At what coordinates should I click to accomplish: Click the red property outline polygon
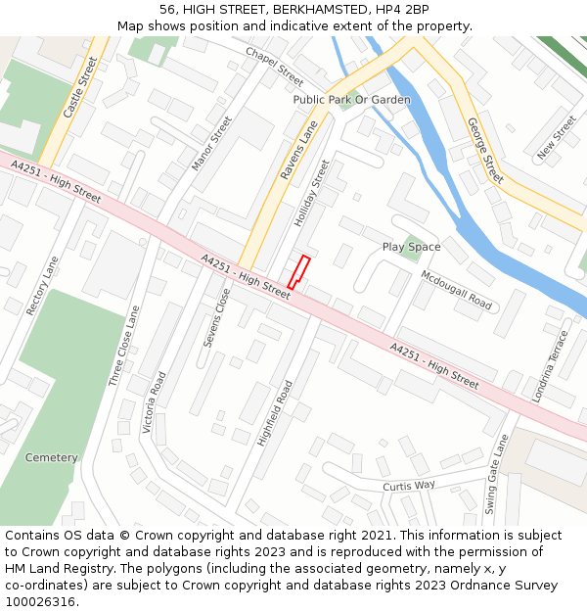click(x=298, y=271)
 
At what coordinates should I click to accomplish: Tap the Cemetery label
click(x=51, y=458)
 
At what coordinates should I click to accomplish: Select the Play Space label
click(x=411, y=248)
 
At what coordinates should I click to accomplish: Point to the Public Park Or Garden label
click(x=351, y=100)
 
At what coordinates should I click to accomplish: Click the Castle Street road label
click(x=80, y=88)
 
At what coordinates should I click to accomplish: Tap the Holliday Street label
click(x=313, y=194)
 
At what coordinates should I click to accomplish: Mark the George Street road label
click(x=485, y=151)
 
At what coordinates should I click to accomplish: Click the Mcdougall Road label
click(x=456, y=290)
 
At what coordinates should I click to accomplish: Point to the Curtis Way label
click(x=408, y=486)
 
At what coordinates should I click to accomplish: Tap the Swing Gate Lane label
click(x=497, y=474)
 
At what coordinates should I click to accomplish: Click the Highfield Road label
click(x=275, y=413)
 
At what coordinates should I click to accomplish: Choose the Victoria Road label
click(x=154, y=402)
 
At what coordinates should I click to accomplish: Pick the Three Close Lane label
click(x=124, y=345)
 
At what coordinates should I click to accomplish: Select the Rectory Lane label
click(x=43, y=286)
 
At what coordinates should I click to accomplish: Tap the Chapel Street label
click(x=274, y=66)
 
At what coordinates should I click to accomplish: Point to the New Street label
click(x=557, y=137)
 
